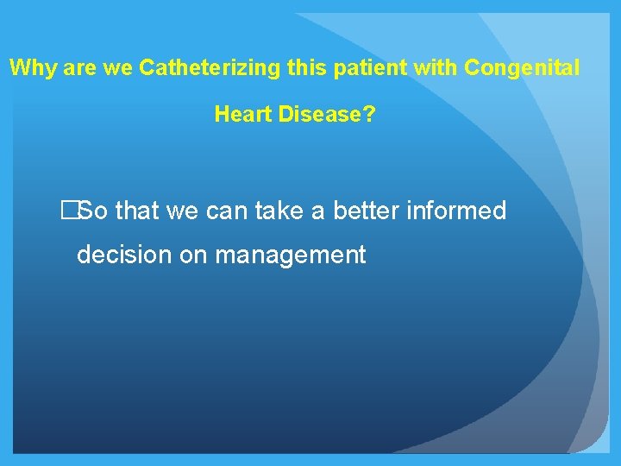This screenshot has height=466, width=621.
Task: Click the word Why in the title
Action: click(x=31, y=68)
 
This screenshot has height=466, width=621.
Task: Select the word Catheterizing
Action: click(x=196, y=68)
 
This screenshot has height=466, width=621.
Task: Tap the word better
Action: click(x=361, y=211)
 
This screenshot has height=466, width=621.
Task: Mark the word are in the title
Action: click(x=76, y=68)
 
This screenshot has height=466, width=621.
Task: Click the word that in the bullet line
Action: click(x=138, y=211)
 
